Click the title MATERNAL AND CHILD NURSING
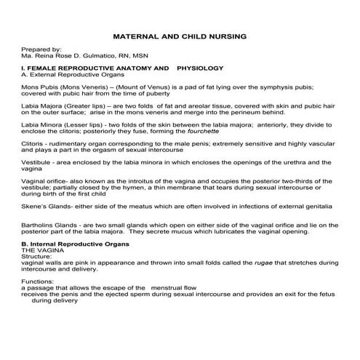coord(180,35)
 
